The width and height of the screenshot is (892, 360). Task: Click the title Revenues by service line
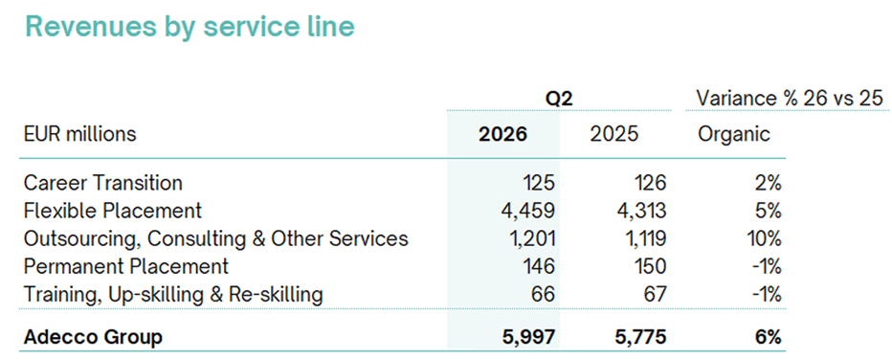(190, 28)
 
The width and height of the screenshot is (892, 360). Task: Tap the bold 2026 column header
(502, 134)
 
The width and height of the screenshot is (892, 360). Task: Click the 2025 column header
(614, 134)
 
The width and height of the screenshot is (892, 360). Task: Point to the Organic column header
(734, 135)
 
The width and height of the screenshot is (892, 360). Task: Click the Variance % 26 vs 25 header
(790, 99)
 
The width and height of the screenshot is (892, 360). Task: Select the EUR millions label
(80, 134)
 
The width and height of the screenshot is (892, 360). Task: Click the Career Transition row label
(103, 183)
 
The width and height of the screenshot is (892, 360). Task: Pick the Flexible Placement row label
(113, 211)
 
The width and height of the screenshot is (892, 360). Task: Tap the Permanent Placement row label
(126, 266)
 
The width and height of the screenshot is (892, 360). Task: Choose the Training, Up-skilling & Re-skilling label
(173, 295)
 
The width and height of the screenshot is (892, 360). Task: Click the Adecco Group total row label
(93, 337)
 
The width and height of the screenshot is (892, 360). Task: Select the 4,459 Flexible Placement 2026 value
(526, 211)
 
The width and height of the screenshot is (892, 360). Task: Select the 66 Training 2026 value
(543, 295)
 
